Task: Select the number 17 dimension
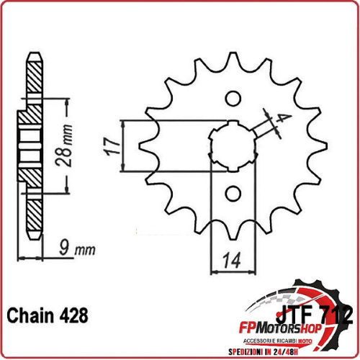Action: [x=110, y=146]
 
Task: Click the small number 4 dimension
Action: [x=287, y=119]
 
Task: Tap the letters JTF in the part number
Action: [x=297, y=315]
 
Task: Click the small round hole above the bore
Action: [x=233, y=99]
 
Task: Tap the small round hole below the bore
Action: [x=233, y=193]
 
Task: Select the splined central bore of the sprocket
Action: [x=233, y=145]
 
